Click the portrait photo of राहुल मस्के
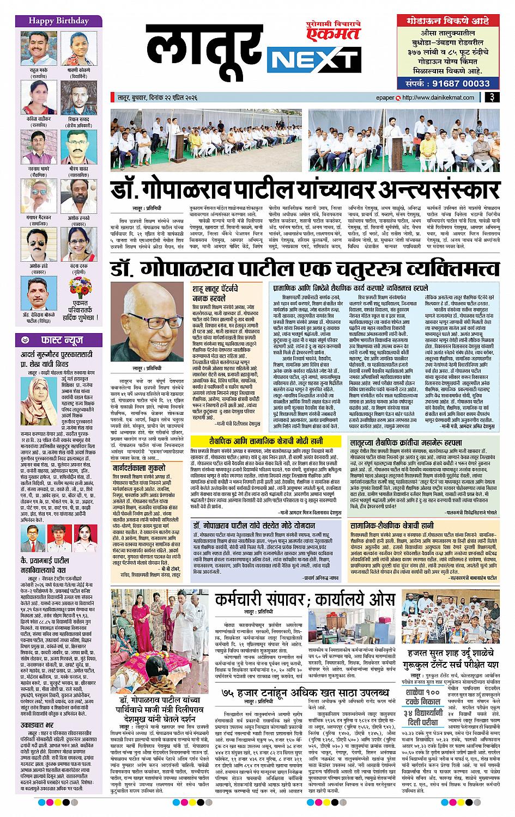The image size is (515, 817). pos(35,47)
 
